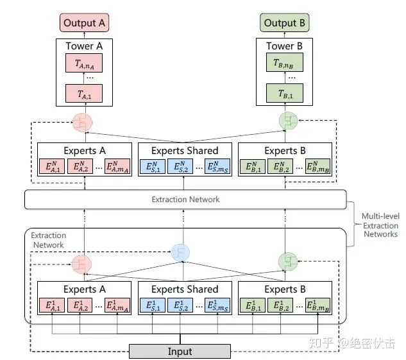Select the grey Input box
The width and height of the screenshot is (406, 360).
[x=180, y=351]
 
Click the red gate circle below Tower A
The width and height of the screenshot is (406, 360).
[x=83, y=121]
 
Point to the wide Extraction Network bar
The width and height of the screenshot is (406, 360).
[x=185, y=200]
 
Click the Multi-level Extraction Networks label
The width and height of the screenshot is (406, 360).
[x=380, y=225]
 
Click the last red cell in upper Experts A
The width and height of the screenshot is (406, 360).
[x=117, y=169]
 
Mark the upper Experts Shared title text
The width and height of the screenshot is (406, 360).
[x=185, y=151]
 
